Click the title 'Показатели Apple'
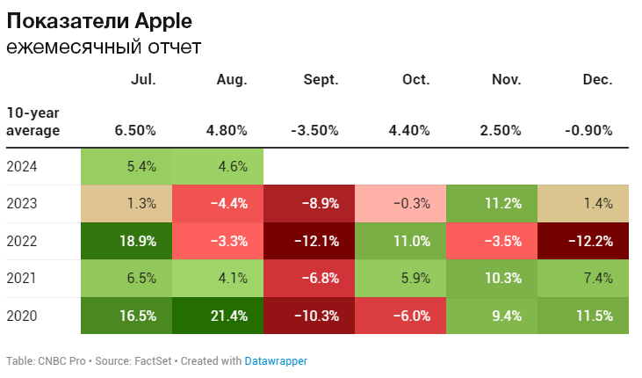(x=99, y=19)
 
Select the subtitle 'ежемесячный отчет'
(x=104, y=47)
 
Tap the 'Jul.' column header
(x=143, y=79)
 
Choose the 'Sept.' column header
(x=321, y=79)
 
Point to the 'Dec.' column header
(x=597, y=79)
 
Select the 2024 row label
(x=22, y=166)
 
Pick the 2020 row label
(x=22, y=316)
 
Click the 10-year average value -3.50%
(x=314, y=130)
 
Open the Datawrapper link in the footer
(x=276, y=360)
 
